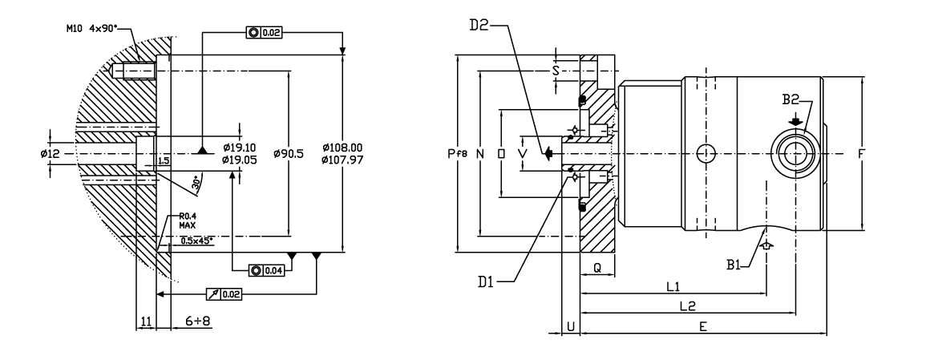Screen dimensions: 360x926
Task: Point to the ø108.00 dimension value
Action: [x=343, y=148]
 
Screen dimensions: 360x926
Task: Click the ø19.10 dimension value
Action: [x=239, y=148]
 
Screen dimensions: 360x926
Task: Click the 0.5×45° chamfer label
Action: [x=196, y=241]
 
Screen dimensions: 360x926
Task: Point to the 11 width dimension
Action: [x=146, y=321]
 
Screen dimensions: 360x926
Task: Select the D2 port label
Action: [x=479, y=23]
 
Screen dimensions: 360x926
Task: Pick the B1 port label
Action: [x=737, y=265]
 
